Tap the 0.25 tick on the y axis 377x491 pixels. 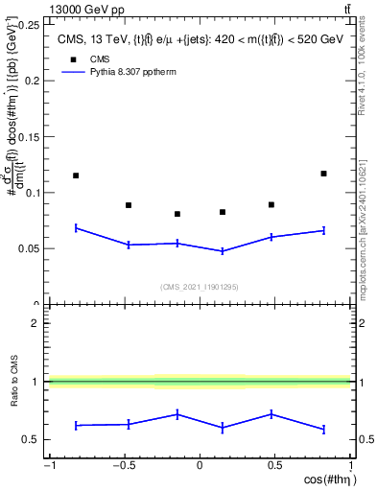(x=29, y=25)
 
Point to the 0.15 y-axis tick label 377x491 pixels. (x=29, y=137)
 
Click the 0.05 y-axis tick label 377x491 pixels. (x=29, y=248)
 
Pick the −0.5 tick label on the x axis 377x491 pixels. (x=123, y=466)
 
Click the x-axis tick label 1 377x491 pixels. (x=348, y=466)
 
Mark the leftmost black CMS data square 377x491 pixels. (x=76, y=175)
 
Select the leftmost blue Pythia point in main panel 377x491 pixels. (x=76, y=227)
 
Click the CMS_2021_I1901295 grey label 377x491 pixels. (x=200, y=286)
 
